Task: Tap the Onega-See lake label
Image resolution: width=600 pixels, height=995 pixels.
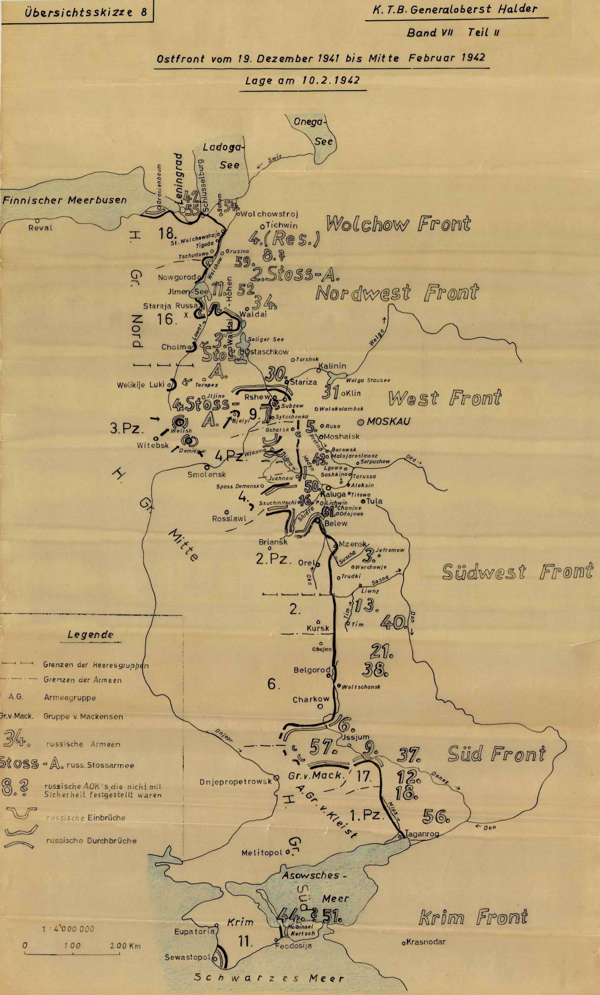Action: tap(317, 131)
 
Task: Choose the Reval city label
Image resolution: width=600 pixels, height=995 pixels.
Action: tap(40, 228)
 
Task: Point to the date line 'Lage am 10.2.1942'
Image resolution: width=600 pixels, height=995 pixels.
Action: tap(302, 80)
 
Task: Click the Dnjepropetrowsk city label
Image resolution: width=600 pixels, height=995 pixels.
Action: tap(236, 782)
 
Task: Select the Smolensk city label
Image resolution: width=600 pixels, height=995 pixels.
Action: tap(206, 474)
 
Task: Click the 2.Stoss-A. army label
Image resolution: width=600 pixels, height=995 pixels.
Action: tap(295, 274)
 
